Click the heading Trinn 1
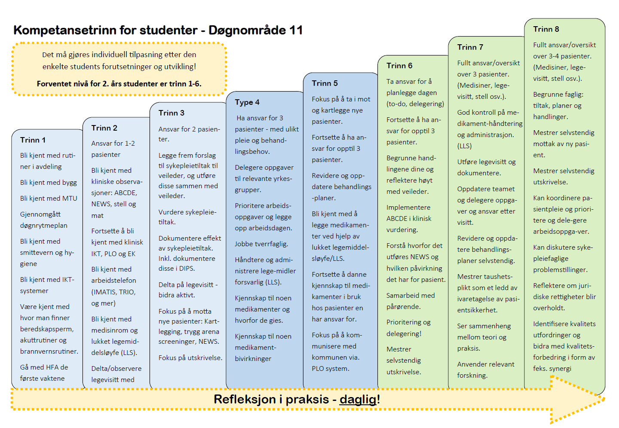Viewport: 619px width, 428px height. (33, 140)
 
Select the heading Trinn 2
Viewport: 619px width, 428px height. (104, 128)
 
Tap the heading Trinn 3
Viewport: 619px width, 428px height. (171, 113)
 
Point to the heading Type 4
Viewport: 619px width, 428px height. (247, 102)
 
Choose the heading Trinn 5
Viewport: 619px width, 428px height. (325, 83)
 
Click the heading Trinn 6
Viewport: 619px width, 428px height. (399, 66)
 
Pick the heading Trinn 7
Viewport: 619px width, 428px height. (470, 47)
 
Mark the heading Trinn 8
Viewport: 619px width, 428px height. (546, 29)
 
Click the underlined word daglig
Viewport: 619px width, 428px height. (358, 399)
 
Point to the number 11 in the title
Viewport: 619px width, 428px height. (296, 30)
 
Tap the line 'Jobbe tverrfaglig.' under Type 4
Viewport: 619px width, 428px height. (261, 244)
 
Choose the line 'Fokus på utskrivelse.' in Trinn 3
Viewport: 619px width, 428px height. (190, 358)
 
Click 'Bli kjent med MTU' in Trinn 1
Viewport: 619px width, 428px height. (49, 199)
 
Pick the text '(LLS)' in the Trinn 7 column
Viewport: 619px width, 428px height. (464, 146)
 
